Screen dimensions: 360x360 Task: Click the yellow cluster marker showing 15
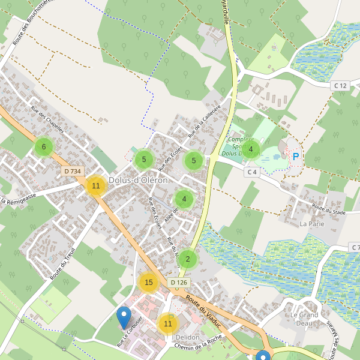tap(149, 282)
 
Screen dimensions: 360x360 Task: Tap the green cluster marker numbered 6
tap(43, 146)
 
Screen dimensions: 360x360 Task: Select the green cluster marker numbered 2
tap(188, 259)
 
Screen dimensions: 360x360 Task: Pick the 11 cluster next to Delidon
tap(167, 323)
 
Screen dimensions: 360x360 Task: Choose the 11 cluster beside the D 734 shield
tap(95, 185)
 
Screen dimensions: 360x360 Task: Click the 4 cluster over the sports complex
tap(250, 149)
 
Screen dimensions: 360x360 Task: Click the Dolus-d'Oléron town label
tap(139, 180)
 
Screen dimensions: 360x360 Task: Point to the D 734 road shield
tap(72, 172)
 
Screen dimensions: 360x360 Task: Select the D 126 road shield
tap(179, 282)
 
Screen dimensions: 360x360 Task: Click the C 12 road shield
tap(340, 86)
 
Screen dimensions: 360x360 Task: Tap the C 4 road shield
tap(252, 172)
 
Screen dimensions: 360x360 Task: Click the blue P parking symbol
tap(295, 157)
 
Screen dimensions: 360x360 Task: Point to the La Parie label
tap(312, 224)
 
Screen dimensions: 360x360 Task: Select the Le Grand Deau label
tap(304, 319)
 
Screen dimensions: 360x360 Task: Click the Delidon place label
tap(187, 337)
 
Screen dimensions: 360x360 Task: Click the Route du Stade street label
tap(328, 210)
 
